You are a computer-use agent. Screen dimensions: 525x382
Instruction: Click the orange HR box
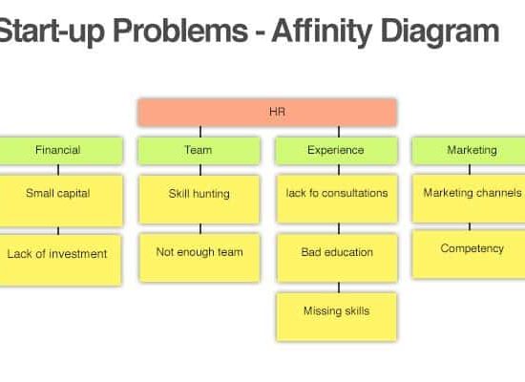[267, 113]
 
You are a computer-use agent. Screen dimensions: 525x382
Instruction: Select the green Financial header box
[61, 150]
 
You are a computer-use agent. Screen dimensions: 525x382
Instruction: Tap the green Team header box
[199, 150]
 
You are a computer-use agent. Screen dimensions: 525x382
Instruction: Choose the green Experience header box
[337, 150]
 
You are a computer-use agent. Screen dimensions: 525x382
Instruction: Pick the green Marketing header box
[469, 150]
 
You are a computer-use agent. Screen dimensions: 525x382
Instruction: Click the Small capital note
[61, 201]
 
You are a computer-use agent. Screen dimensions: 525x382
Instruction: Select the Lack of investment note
[60, 260]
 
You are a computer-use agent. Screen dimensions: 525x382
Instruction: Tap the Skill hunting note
[199, 200]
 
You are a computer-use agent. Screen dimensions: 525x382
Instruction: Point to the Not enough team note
[199, 258]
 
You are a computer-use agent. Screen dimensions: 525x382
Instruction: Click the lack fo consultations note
[337, 199]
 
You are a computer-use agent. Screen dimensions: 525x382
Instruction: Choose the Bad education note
[337, 258]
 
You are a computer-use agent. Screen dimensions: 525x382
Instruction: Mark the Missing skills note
[337, 317]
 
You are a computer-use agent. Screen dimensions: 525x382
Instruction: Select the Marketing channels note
[469, 199]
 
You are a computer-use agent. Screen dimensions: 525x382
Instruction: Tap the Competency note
[469, 254]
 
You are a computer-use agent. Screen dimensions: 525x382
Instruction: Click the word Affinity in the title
[322, 32]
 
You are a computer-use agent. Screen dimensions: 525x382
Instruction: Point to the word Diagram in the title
[440, 32]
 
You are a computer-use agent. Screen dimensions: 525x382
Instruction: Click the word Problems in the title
[180, 31]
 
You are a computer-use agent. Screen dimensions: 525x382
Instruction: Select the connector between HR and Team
[200, 132]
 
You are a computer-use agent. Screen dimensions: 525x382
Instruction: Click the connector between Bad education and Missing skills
[339, 287]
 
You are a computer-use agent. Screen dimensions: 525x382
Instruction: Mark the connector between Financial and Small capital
[58, 170]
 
